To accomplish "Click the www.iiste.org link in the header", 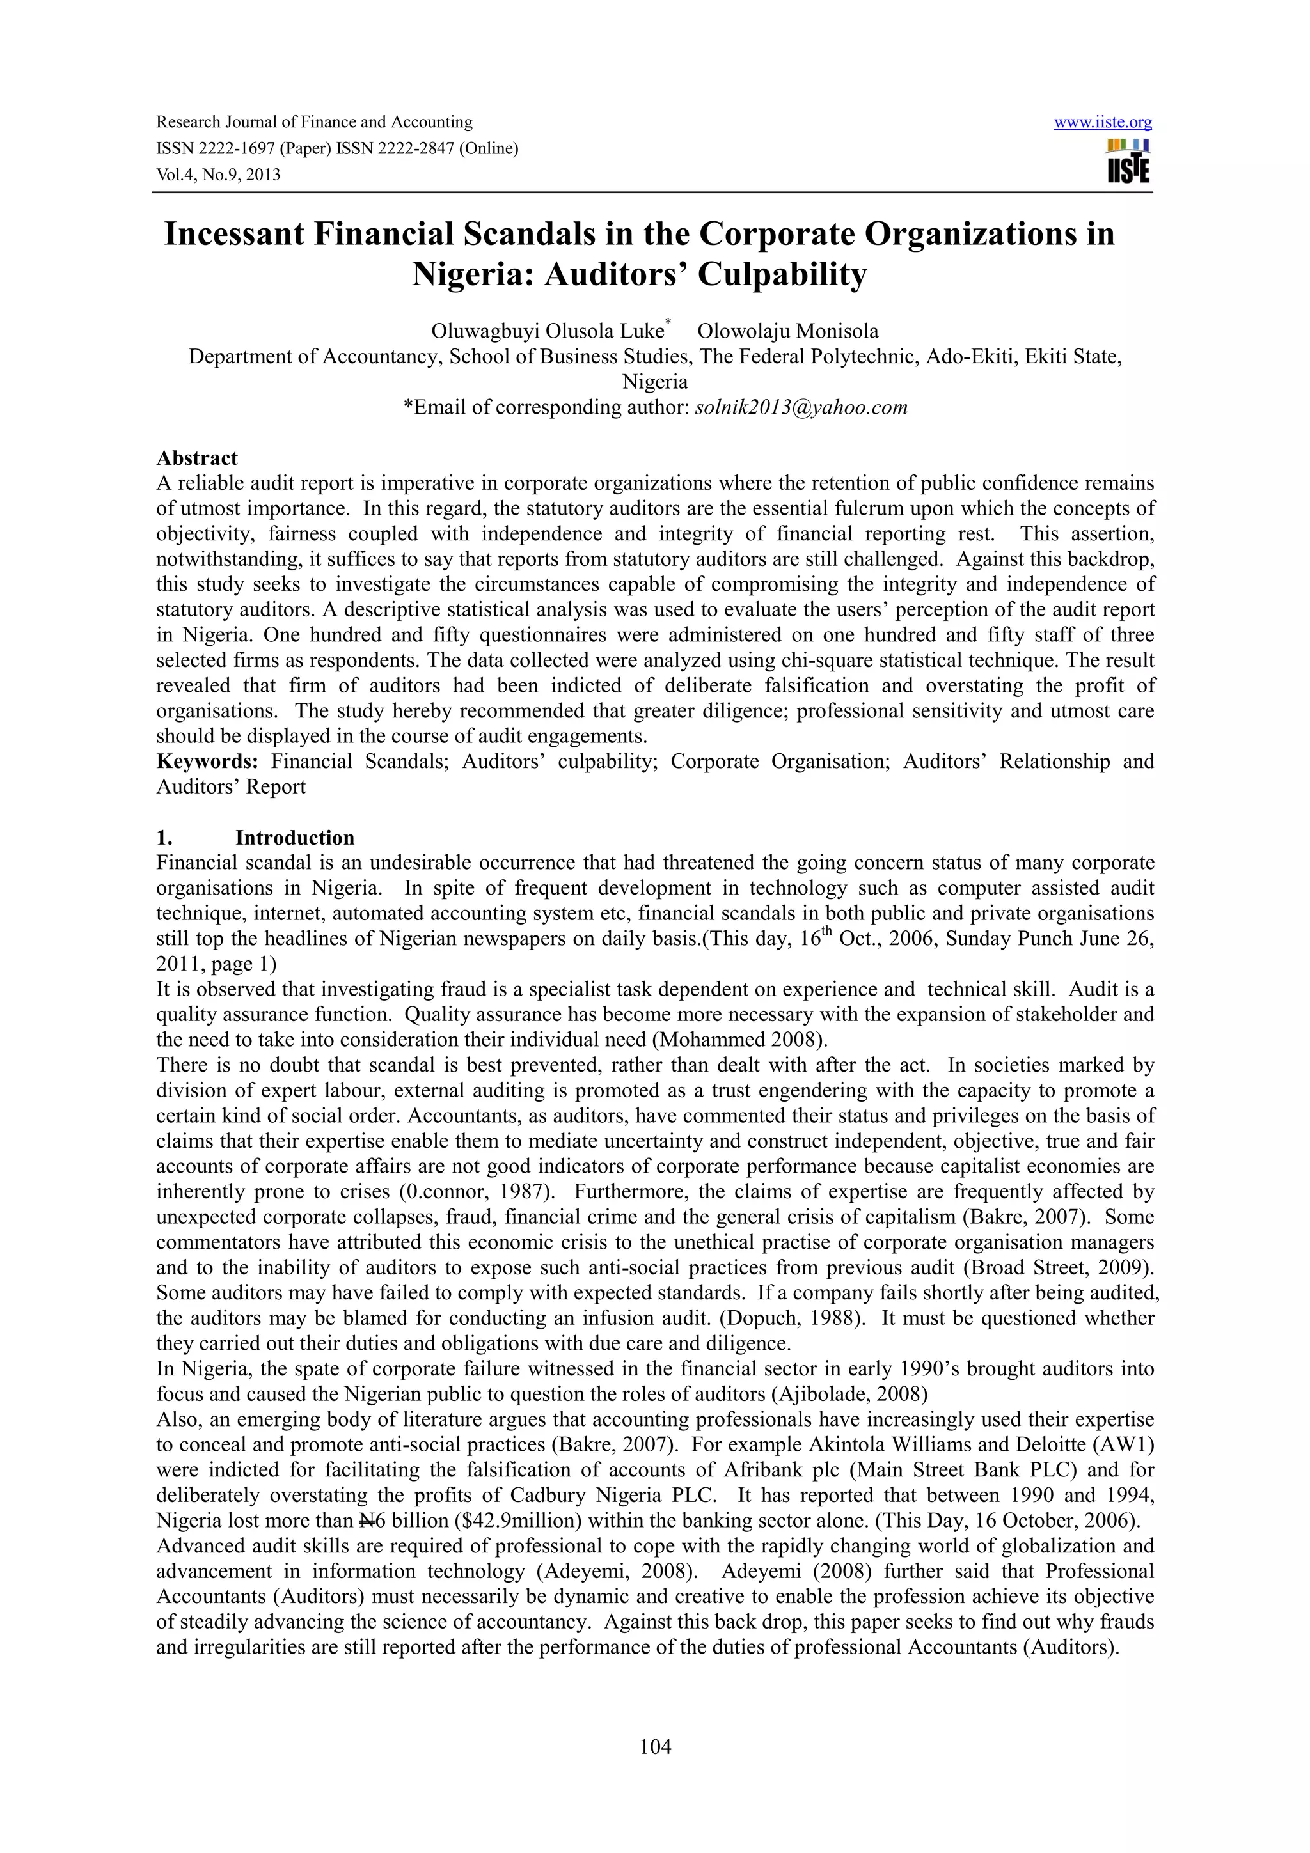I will (1103, 123).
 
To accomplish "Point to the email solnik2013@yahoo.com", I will (801, 407).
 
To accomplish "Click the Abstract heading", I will (197, 458).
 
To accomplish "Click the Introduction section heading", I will (295, 837).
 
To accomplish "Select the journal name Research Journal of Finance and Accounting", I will (314, 123).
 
